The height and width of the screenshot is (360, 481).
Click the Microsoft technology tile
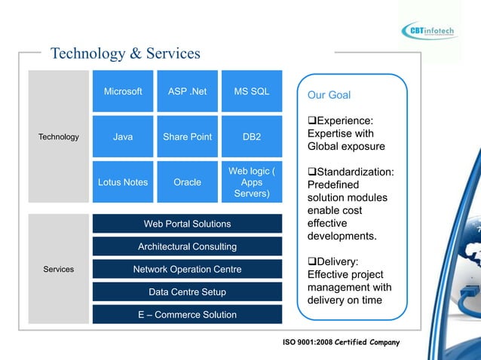(123, 92)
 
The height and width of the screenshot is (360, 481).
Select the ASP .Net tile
(187, 92)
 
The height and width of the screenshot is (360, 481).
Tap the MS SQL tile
(252, 92)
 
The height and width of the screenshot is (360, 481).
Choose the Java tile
(123, 137)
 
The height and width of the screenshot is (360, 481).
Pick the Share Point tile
(187, 137)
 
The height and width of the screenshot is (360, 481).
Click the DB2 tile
(252, 137)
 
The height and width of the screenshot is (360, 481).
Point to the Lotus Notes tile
(123, 182)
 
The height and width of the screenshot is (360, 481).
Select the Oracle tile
(187, 182)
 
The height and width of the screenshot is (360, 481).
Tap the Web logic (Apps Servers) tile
(252, 182)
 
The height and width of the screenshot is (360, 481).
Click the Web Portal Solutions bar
(187, 224)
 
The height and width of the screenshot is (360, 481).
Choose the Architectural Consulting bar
(187, 246)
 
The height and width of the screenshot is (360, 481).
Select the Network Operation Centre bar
(187, 269)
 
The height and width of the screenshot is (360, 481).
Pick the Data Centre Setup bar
(187, 291)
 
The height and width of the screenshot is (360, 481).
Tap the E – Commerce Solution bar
(187, 314)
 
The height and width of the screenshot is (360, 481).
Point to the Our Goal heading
(329, 95)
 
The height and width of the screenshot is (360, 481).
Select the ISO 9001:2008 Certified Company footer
(341, 343)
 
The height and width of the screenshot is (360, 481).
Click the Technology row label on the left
(58, 137)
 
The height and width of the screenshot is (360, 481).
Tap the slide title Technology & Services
(125, 53)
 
